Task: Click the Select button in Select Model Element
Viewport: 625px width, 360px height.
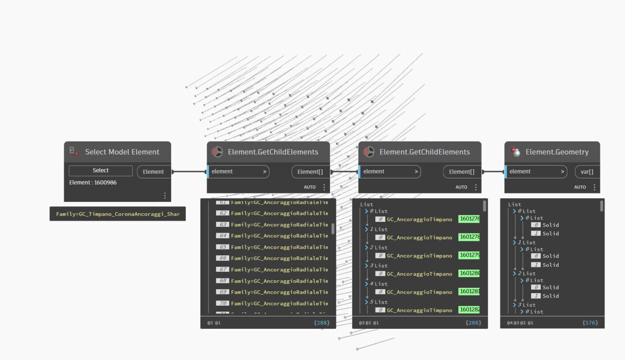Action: click(101, 171)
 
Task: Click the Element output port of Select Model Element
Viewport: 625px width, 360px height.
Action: click(154, 172)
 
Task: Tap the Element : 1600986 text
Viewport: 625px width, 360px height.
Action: click(93, 183)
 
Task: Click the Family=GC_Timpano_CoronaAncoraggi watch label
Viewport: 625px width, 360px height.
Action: click(118, 214)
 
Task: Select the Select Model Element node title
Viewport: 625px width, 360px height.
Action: click(122, 152)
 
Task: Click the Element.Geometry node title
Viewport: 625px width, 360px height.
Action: click(557, 152)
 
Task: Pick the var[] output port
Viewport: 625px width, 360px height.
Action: click(587, 172)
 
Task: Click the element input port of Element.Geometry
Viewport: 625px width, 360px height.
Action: click(536, 172)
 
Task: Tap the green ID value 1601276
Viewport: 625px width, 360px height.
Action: click(469, 219)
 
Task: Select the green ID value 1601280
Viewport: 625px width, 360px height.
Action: click(469, 273)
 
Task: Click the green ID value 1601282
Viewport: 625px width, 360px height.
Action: click(469, 310)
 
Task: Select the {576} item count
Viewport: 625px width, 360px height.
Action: click(590, 323)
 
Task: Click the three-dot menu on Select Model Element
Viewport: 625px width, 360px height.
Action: click(164, 196)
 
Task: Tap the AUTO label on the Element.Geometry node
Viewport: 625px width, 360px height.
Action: click(580, 187)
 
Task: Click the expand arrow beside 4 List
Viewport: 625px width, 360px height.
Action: click(367, 284)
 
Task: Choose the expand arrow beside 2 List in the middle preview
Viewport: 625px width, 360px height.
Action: click(367, 247)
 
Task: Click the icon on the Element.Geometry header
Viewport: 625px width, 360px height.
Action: click(515, 151)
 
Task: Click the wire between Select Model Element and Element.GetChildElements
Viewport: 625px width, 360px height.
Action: click(189, 172)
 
